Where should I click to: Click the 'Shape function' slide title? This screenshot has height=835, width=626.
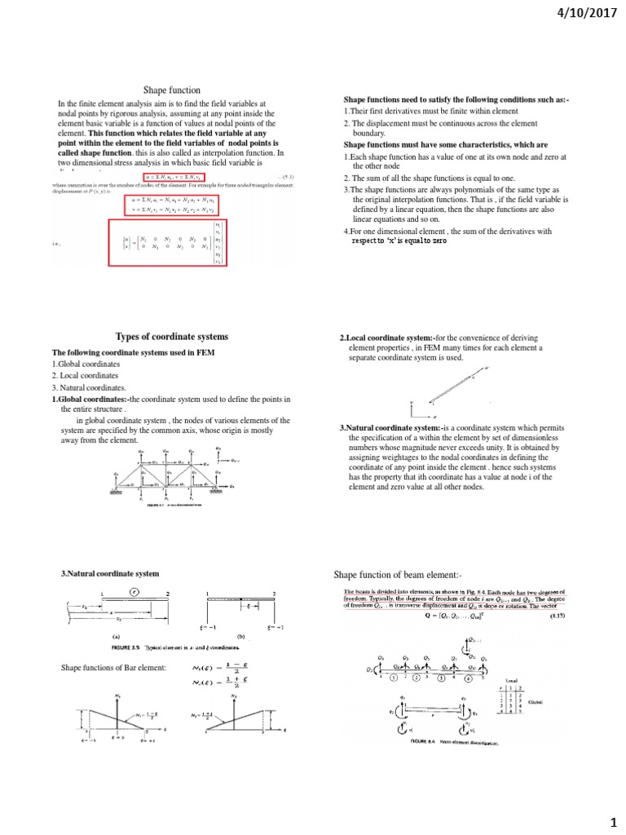coord(172,90)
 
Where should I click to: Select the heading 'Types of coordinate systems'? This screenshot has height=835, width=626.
coord(172,337)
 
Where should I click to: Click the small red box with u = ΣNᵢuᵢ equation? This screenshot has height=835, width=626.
coord(174,176)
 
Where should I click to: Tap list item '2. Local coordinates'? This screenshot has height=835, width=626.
coord(85,375)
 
